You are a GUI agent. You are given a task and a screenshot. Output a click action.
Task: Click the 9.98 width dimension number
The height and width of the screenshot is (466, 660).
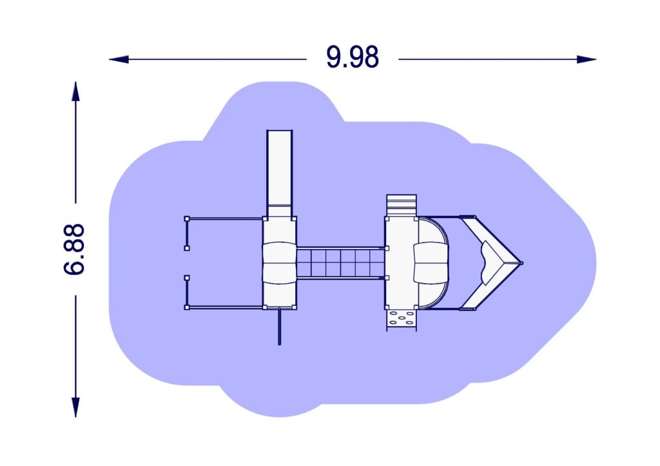[352, 58]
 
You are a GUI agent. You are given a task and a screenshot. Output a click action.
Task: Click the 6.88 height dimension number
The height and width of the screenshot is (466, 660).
[75, 249]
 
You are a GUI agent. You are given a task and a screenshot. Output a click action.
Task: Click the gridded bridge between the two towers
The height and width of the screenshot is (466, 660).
[340, 263]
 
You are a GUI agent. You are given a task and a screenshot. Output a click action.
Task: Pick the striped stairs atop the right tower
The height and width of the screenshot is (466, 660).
[401, 205]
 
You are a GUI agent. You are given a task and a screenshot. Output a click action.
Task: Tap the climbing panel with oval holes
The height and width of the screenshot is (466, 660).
[402, 318]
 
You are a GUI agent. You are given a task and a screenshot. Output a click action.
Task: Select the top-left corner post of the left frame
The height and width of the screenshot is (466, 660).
[187, 219]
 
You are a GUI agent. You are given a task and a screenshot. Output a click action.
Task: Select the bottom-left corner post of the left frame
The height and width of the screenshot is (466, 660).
[187, 308]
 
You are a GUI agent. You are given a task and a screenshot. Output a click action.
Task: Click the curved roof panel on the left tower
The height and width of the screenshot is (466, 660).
[280, 261]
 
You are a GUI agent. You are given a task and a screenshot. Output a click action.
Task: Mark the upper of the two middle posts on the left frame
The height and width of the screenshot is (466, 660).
[187, 248]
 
